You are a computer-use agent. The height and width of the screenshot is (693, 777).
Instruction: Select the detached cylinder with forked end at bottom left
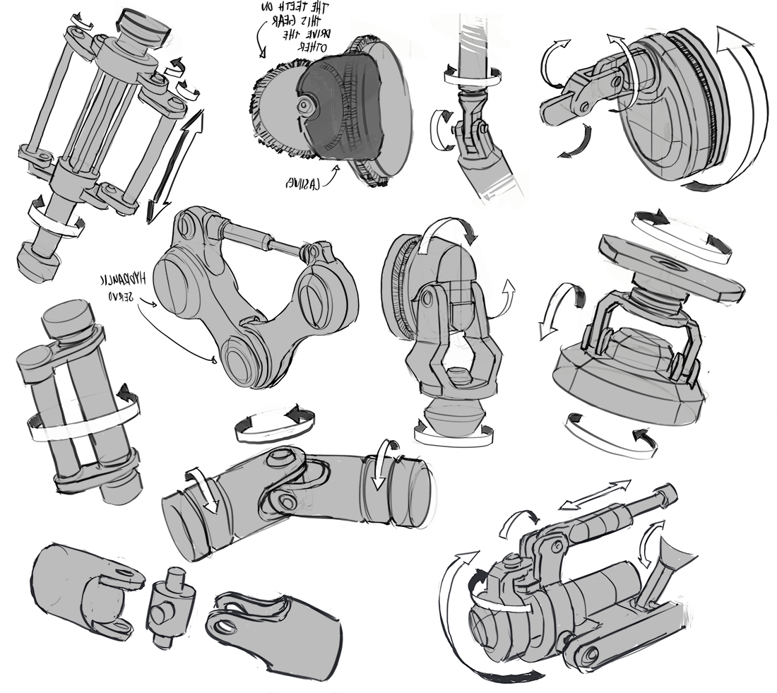point(78,590)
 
